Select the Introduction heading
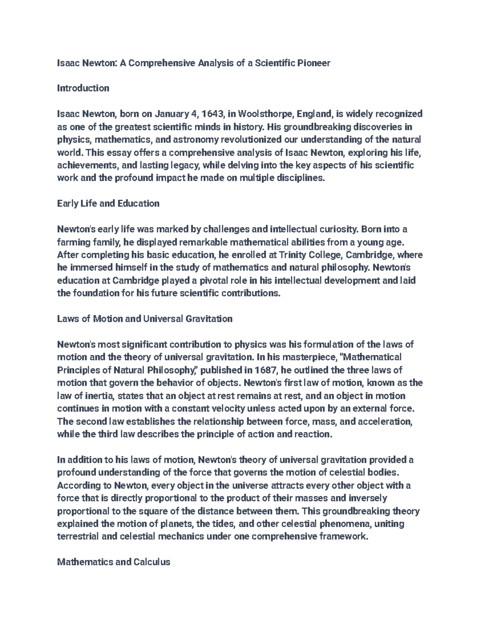point(83,88)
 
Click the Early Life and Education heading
point(108,203)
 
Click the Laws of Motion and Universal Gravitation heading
point(145,319)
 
